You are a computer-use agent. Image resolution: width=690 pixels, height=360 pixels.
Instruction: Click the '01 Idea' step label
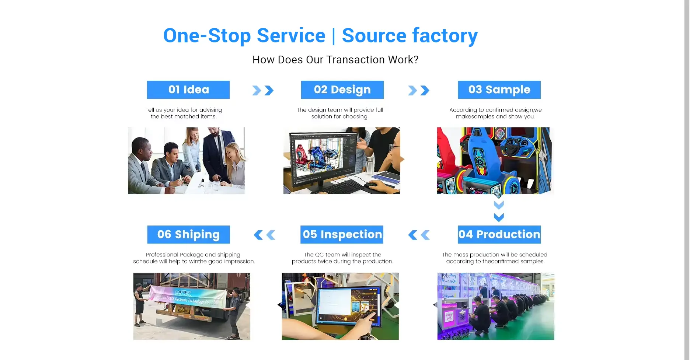click(x=188, y=90)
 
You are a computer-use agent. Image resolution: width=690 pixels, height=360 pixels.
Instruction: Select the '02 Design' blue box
click(x=342, y=90)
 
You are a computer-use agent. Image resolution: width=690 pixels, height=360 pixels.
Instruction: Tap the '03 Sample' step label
click(x=499, y=90)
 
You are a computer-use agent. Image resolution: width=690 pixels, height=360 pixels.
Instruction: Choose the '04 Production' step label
click(x=499, y=234)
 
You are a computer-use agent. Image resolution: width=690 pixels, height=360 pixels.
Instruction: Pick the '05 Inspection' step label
click(x=342, y=234)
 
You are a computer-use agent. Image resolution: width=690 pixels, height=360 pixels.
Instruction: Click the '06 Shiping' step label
click(x=189, y=234)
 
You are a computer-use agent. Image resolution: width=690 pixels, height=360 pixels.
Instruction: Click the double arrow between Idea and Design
click(x=263, y=90)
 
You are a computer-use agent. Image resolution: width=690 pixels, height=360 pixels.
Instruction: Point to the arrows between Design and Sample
click(x=419, y=90)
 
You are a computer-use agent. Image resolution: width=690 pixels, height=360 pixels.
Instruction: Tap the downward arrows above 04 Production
click(x=499, y=211)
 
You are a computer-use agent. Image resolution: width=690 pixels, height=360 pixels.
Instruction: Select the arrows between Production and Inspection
click(x=419, y=235)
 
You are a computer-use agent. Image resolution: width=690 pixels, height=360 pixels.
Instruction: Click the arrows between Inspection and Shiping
click(x=265, y=235)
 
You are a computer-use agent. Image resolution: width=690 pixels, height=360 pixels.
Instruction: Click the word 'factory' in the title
click(x=445, y=36)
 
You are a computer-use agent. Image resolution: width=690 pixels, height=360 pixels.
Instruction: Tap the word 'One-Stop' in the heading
click(x=207, y=36)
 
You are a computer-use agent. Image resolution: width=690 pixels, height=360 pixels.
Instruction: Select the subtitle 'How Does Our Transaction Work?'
click(x=335, y=60)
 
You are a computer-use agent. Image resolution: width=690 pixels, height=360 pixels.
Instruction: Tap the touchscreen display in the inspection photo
click(x=348, y=306)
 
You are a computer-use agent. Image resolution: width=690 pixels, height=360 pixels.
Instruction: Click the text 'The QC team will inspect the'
click(x=342, y=255)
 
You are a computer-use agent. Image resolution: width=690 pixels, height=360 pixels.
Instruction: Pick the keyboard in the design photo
click(x=337, y=186)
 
